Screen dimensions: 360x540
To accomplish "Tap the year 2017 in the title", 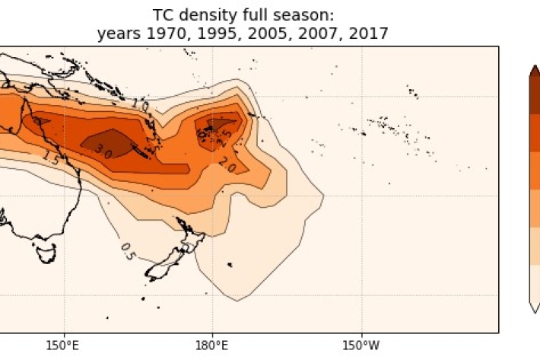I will (x=367, y=33).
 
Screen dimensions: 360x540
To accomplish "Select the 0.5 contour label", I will (x=128, y=250).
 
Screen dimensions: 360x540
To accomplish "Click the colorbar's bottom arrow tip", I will (x=535, y=311).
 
